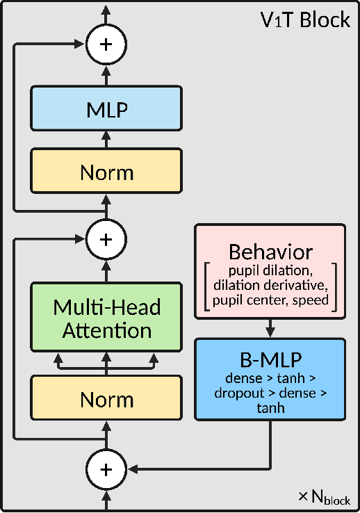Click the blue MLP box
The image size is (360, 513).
click(x=106, y=108)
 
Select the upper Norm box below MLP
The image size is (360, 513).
click(x=106, y=172)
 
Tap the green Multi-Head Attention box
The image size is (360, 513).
click(x=106, y=318)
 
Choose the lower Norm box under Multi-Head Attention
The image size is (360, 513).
click(x=106, y=399)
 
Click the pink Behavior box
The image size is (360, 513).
click(x=270, y=272)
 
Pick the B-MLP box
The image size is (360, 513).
click(x=270, y=380)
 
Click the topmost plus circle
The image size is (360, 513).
click(x=106, y=44)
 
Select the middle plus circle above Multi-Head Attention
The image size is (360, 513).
click(x=106, y=239)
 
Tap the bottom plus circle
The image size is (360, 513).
click(x=106, y=469)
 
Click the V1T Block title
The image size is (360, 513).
click(x=305, y=20)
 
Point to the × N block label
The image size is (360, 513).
click(x=323, y=497)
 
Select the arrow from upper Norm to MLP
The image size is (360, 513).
click(x=106, y=140)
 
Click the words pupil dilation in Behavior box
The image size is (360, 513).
click(x=270, y=268)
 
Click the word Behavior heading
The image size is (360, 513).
click(x=270, y=251)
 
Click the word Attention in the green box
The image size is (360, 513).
click(x=106, y=331)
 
